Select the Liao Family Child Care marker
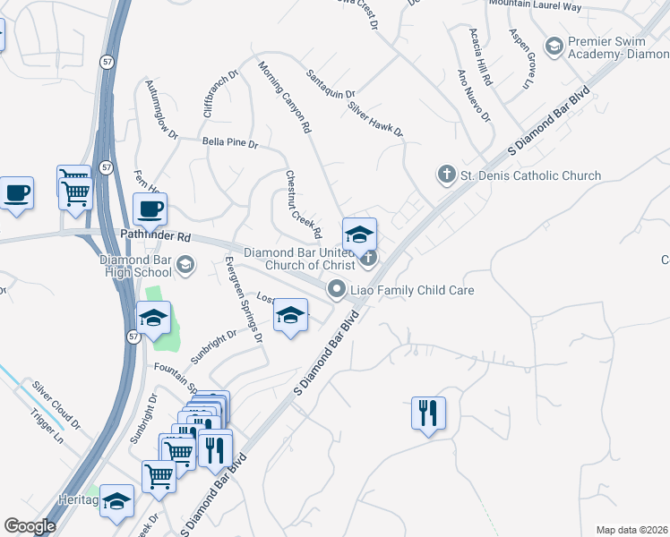click(x=337, y=288)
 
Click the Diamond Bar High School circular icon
click(x=185, y=263)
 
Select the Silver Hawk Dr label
click(x=375, y=118)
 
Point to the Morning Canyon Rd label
click(x=284, y=98)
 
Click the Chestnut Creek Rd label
click(x=304, y=204)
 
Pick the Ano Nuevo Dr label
click(x=474, y=96)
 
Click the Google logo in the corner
click(x=30, y=526)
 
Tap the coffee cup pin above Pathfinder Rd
click(x=150, y=209)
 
